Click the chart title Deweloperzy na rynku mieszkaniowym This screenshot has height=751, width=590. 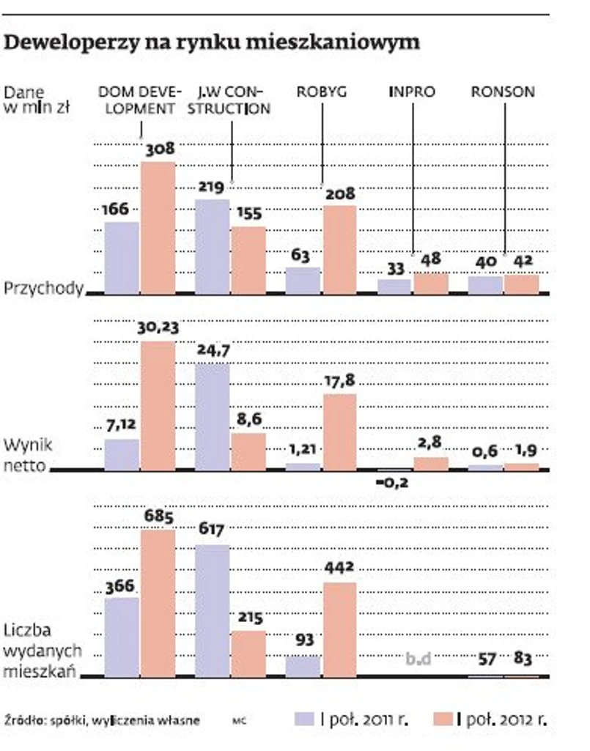(213, 42)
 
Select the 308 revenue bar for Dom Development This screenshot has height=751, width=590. (158, 227)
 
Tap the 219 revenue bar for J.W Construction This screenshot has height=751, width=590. (213, 246)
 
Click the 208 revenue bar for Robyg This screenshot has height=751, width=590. (339, 249)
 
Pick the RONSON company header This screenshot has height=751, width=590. (503, 92)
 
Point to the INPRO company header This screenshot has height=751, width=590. (411, 92)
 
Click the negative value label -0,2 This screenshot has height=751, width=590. (394, 483)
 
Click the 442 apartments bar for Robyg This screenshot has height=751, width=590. (339, 629)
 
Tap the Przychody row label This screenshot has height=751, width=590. (43, 289)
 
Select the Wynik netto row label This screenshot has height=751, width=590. (28, 454)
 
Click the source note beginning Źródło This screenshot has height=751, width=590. (102, 720)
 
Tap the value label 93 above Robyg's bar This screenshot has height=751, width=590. (303, 640)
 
